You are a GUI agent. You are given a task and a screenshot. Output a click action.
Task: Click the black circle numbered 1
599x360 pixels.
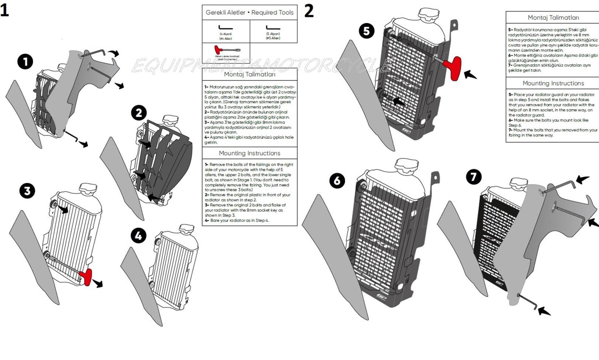click(x=25, y=62)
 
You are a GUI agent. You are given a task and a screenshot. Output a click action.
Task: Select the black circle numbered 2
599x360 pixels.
click(x=139, y=113)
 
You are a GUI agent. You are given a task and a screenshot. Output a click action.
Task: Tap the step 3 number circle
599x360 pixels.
click(x=27, y=191)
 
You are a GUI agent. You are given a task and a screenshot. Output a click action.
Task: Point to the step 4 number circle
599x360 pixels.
click(x=138, y=236)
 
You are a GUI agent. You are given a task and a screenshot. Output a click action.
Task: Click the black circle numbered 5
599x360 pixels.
click(x=366, y=31)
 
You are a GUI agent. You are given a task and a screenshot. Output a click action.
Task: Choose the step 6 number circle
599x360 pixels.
click(x=337, y=181)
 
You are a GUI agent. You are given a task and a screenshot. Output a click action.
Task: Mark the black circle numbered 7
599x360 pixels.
click(x=474, y=177)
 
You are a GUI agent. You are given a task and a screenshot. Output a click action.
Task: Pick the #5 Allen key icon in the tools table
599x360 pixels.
click(x=273, y=28)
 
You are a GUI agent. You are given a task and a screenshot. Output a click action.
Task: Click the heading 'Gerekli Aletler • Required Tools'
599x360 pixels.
click(x=250, y=12)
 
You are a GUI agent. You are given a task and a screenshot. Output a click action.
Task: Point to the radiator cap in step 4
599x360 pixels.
click(x=186, y=230)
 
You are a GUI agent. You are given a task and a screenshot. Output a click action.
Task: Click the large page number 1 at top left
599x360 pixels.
click(x=5, y=10)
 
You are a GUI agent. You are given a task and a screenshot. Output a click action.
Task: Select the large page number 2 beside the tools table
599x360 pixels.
click(x=309, y=11)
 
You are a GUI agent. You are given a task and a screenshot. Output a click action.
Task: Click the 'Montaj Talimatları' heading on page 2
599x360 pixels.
click(x=553, y=17)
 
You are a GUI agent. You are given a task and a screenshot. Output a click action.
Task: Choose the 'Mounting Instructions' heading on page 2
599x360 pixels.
click(x=553, y=83)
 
